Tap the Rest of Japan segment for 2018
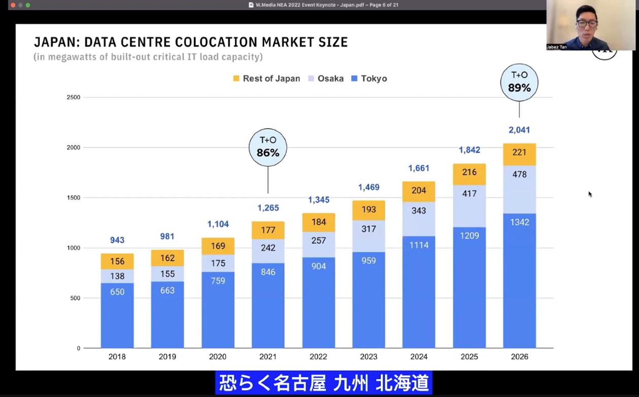[x=117, y=262]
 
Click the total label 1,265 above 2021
[x=268, y=208]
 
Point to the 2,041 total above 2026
[x=519, y=130]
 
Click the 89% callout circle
[x=519, y=82]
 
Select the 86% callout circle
[x=268, y=147]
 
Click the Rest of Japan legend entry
[x=267, y=79]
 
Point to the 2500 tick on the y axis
[x=74, y=97]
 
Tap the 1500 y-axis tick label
[x=74, y=198]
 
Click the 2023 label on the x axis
[x=369, y=357]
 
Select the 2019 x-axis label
[x=167, y=357]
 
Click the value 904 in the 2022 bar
[x=318, y=266]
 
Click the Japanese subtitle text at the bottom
[x=324, y=383]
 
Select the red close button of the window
[x=13, y=5]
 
